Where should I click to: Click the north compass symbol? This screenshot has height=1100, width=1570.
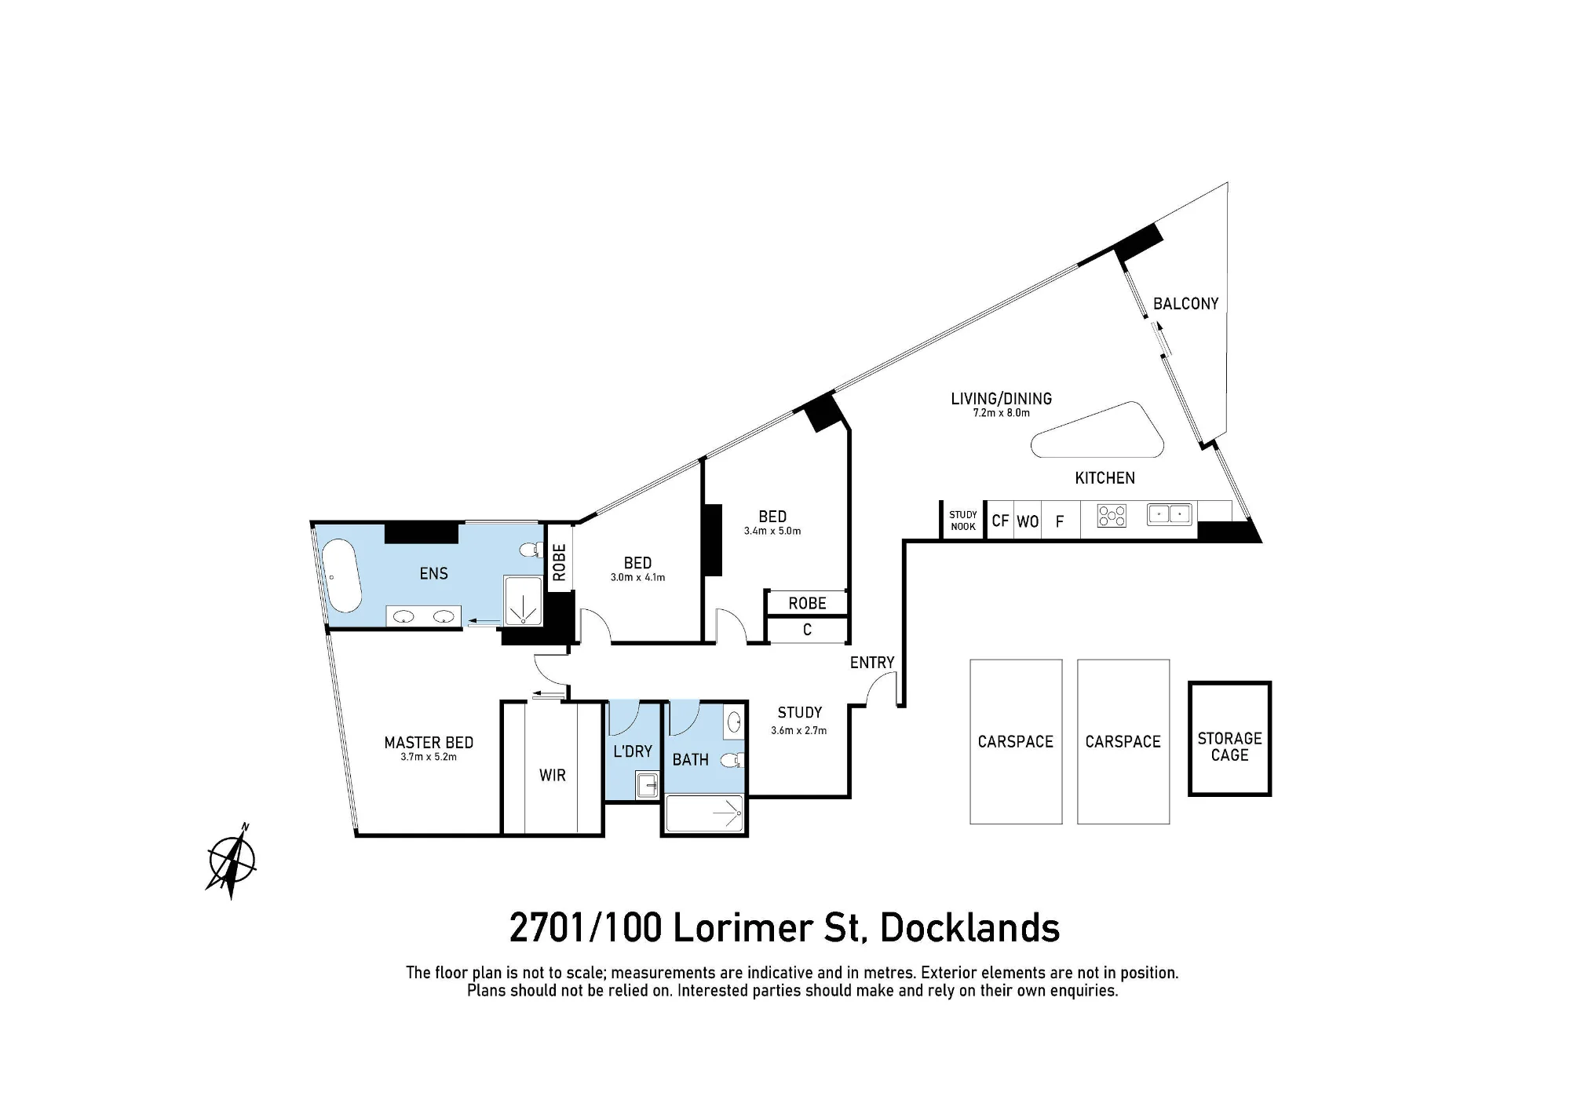tap(232, 861)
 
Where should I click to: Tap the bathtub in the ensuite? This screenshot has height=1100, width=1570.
tap(344, 576)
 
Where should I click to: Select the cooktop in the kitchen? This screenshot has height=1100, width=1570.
tap(1112, 516)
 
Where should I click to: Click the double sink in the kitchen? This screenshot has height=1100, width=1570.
tap(1170, 514)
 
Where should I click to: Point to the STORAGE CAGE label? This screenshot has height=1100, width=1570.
tap(1229, 747)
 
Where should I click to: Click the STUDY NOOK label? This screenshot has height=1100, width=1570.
tap(963, 521)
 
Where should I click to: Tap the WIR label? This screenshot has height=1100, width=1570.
tap(553, 776)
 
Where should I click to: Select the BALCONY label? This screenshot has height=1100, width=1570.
tap(1185, 304)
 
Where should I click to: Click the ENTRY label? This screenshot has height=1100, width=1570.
tap(872, 663)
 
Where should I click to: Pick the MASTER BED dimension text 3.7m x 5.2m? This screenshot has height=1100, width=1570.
tap(429, 757)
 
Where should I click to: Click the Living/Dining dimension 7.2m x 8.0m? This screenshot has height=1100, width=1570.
tap(1001, 413)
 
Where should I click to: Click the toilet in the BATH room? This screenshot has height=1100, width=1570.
tap(732, 759)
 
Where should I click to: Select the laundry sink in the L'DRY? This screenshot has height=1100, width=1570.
tap(648, 785)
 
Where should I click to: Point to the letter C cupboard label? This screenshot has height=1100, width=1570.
tap(807, 630)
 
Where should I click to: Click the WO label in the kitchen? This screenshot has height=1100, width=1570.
tap(1028, 521)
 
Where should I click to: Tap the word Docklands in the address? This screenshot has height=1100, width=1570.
tap(969, 928)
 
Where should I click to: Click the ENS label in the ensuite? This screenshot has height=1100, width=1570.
tap(434, 574)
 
